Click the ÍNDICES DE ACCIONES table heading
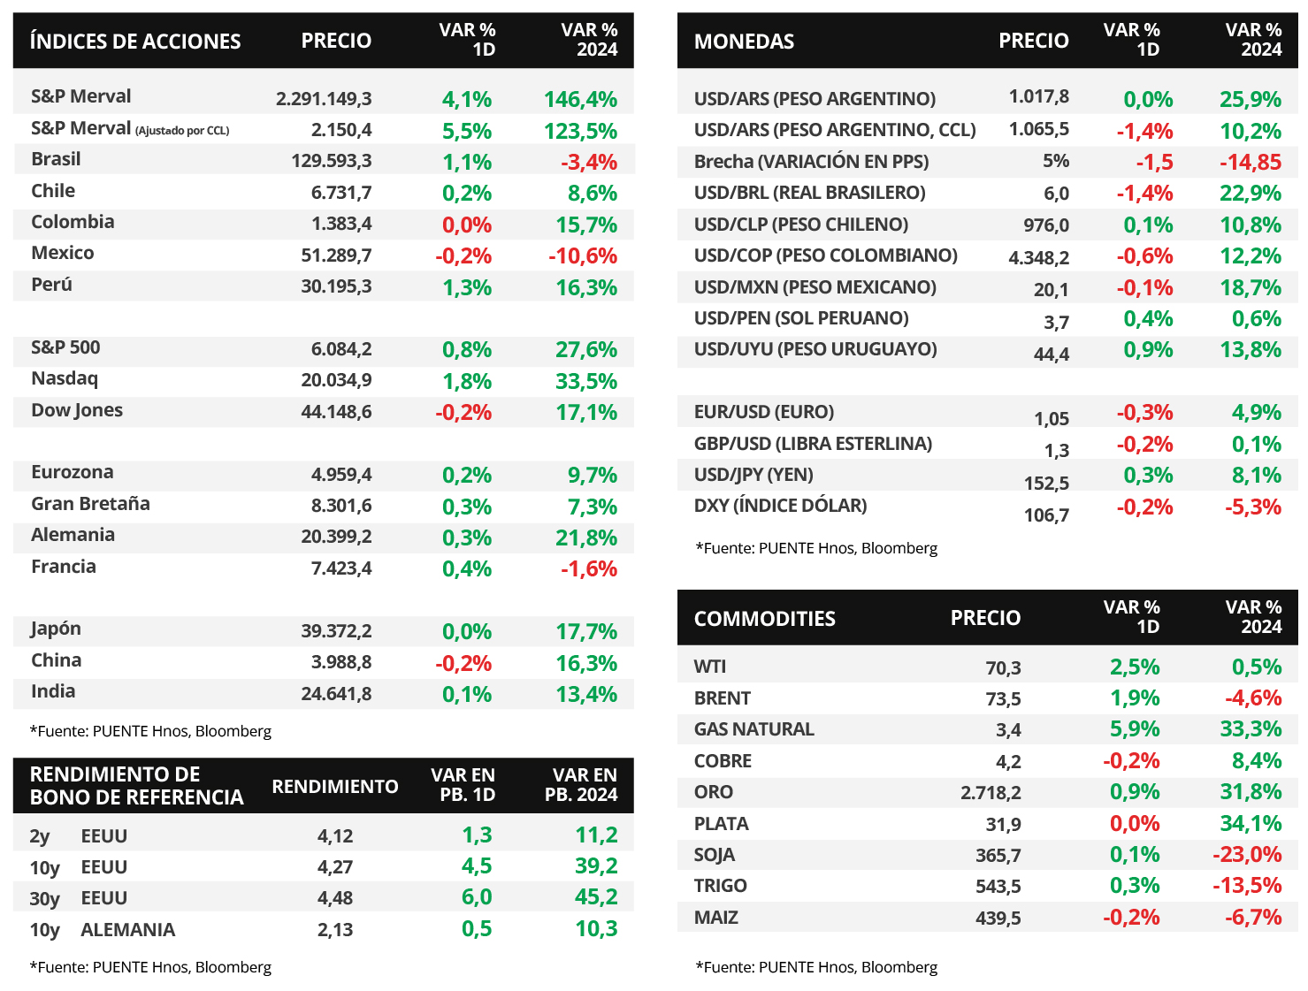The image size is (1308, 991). (135, 42)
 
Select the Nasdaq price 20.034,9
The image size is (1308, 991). (336, 380)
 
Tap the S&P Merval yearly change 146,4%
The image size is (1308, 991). (580, 99)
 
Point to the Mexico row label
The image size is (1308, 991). (63, 253)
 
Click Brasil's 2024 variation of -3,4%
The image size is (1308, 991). (588, 162)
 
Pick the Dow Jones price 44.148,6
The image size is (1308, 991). (336, 412)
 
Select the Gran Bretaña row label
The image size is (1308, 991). (90, 504)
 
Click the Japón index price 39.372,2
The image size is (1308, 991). (336, 631)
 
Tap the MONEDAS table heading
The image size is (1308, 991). (744, 42)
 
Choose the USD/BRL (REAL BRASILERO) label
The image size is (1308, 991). (809, 193)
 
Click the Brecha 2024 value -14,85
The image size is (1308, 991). (1250, 162)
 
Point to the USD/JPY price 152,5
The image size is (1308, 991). (1046, 483)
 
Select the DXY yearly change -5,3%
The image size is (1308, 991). (1252, 507)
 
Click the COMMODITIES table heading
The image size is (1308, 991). (764, 619)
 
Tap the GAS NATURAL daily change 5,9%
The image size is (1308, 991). (1135, 729)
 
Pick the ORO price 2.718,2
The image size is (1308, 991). (991, 792)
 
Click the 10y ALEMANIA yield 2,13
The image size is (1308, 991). (335, 930)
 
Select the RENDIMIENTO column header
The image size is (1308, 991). (335, 786)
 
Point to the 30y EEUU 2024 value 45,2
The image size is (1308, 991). (596, 897)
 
